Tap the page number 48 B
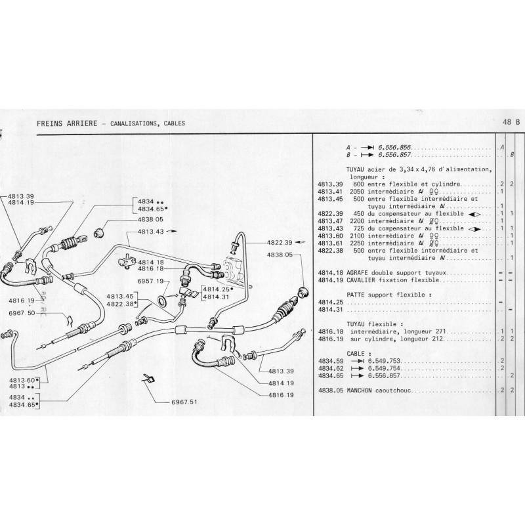[511, 122]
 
